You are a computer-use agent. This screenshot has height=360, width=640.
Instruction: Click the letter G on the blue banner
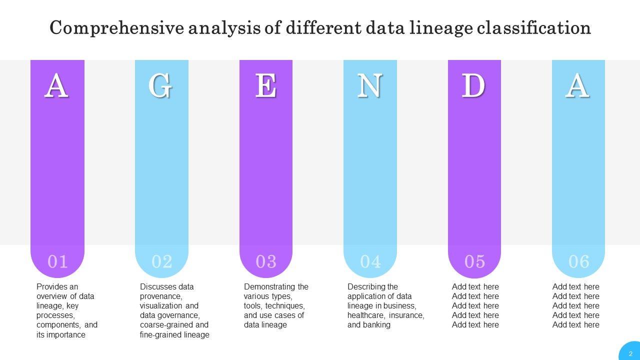point(161,86)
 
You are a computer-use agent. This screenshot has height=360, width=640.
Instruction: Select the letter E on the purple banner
point(266,86)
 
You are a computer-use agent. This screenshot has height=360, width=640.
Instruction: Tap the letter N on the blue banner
point(370,86)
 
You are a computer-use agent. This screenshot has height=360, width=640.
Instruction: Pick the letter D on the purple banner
point(473,86)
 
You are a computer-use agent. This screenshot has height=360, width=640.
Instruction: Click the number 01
point(57,261)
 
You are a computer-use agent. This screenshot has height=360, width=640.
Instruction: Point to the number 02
point(162,261)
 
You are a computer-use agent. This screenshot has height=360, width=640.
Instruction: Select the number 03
point(266,261)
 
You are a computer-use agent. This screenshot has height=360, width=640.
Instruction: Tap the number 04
point(370,261)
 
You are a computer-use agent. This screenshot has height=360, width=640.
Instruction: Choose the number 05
point(474,261)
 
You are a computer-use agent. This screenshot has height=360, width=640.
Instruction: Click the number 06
point(579,261)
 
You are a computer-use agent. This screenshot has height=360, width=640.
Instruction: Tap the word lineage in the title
point(440,28)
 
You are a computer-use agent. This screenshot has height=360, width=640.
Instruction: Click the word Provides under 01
point(50,286)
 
